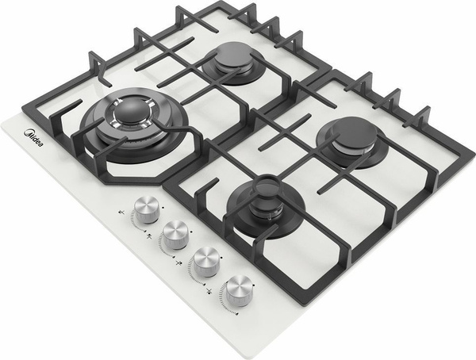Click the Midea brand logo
point(33,138)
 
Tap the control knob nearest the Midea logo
point(147,209)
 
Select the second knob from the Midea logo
point(175,235)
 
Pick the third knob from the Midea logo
point(207,262)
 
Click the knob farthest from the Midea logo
point(240,290)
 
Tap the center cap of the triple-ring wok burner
point(132,111)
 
